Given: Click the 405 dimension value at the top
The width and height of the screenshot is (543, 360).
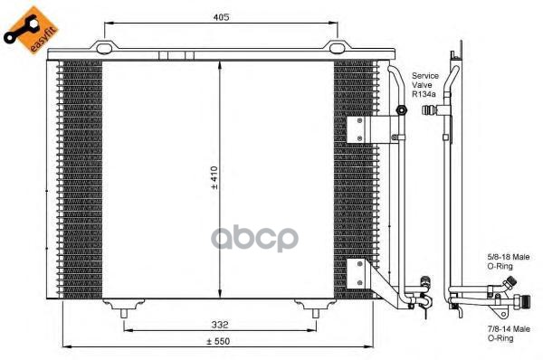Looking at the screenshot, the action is [x=221, y=17].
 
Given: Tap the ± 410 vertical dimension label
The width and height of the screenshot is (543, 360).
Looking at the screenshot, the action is [x=214, y=178].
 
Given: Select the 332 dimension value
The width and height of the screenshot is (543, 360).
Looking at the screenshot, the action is [x=220, y=325].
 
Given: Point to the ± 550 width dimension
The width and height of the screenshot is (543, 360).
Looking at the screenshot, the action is [x=218, y=341].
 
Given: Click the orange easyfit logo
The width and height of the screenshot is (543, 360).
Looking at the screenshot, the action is [x=31, y=31].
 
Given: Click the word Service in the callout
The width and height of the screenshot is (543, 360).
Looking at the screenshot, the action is [x=425, y=76].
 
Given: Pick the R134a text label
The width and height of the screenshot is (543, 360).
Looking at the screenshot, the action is [x=424, y=94].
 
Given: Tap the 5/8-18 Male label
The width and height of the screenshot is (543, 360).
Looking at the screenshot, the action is [x=509, y=257].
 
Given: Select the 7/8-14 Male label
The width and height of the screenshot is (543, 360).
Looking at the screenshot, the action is [x=509, y=329].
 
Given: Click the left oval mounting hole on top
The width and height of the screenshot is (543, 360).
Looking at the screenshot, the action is [x=104, y=49].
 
